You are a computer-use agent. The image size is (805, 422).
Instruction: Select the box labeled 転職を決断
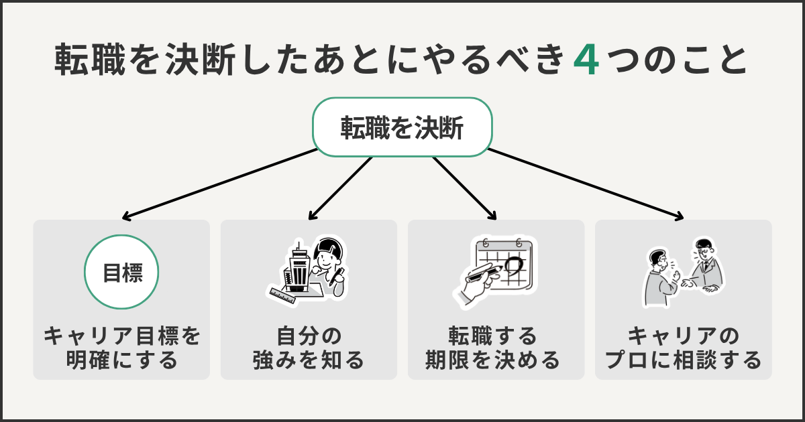(402, 127)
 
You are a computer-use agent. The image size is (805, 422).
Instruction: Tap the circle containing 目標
(121, 272)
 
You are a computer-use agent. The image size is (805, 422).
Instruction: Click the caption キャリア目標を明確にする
(121, 347)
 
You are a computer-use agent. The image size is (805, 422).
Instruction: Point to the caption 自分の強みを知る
(309, 347)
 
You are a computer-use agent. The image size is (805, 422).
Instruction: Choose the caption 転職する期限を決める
(496, 347)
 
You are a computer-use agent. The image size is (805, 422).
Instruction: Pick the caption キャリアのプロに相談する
(683, 347)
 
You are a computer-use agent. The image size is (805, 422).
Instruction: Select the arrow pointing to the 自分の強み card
(339, 188)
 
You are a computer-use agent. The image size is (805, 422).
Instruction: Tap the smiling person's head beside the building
(329, 255)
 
